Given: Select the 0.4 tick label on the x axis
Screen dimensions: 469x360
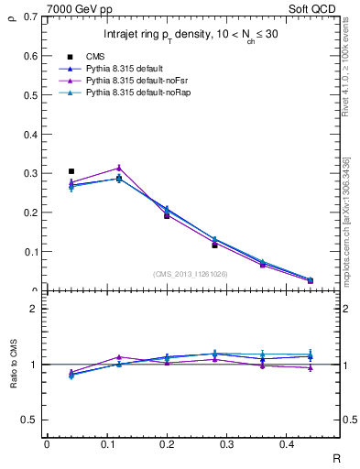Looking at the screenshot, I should (x=310, y=444).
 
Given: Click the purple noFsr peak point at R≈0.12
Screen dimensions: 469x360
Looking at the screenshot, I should (x=119, y=168).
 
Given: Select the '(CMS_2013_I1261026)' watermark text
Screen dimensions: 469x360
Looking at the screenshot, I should (x=191, y=274).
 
